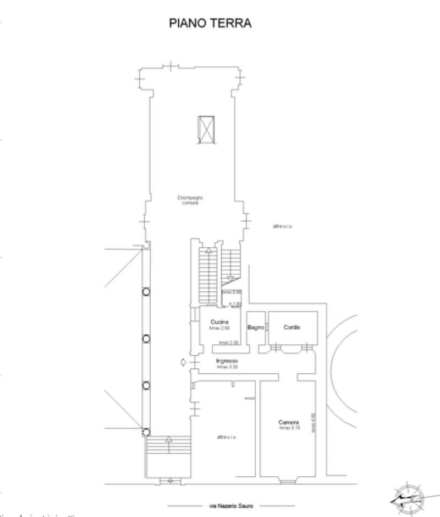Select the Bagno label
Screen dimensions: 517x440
click(x=256, y=327)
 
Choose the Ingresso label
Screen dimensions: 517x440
click(x=227, y=361)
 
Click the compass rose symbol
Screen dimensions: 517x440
click(x=408, y=498)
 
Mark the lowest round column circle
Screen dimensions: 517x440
click(x=146, y=432)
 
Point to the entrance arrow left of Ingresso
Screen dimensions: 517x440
click(x=183, y=362)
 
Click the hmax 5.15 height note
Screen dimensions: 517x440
click(x=290, y=428)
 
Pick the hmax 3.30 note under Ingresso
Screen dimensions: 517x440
click(x=228, y=367)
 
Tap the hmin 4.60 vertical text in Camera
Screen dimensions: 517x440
click(x=313, y=422)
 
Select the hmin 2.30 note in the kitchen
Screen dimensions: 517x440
click(x=228, y=342)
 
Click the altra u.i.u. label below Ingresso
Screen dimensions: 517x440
click(x=226, y=437)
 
